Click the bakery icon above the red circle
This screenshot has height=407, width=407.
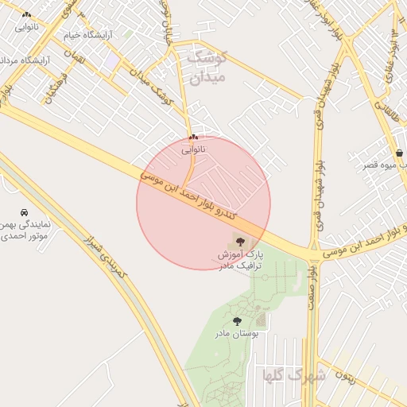[x=193, y=138]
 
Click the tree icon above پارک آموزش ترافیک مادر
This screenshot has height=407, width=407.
[x=240, y=241]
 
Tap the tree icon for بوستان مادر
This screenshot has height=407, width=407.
[x=237, y=321]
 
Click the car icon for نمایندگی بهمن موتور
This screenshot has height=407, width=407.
[x=24, y=213]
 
